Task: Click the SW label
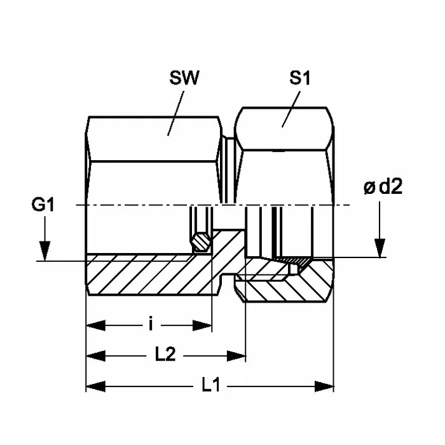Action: pyautogui.click(x=185, y=79)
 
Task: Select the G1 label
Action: pyautogui.click(x=44, y=205)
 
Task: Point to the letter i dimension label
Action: pyautogui.click(x=151, y=325)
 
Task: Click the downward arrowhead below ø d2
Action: pyautogui.click(x=380, y=247)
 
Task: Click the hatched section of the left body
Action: pyautogui.click(x=146, y=275)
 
